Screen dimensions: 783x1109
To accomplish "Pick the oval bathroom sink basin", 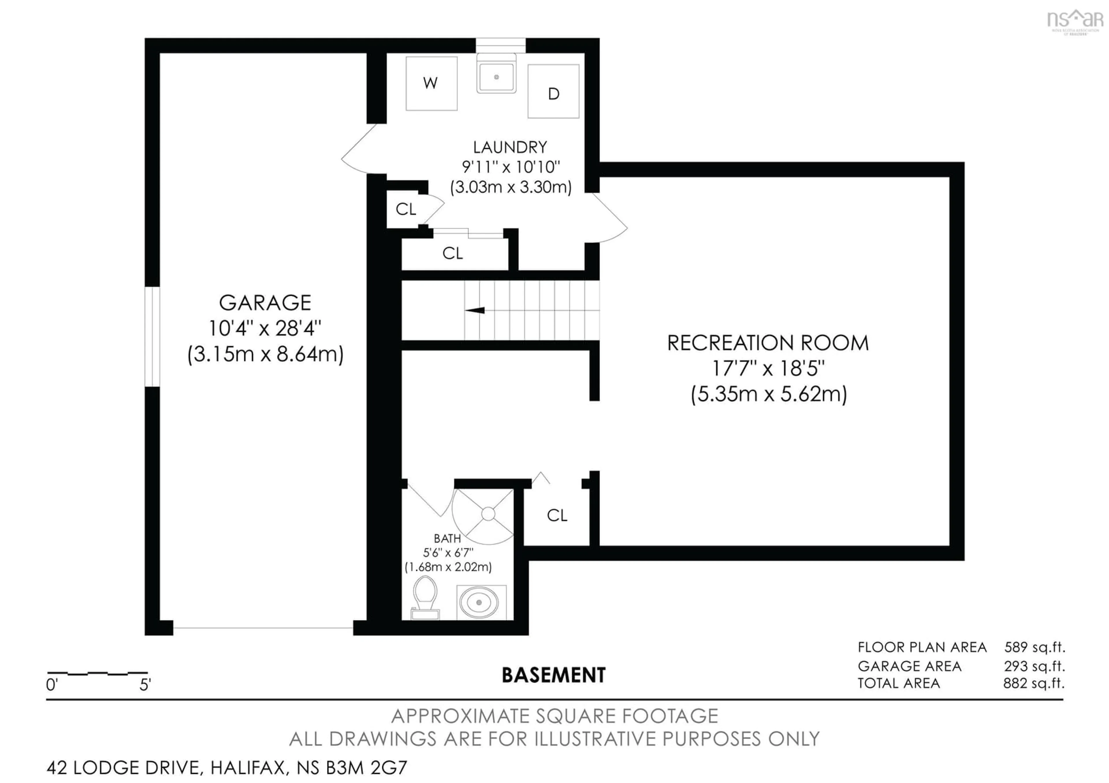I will point(479,603).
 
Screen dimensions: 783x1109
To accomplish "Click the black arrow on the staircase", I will point(475,310).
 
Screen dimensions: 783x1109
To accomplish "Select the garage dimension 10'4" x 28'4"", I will point(265,329).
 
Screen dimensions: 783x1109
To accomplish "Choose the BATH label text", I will point(447,538).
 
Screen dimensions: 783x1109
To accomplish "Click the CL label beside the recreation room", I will point(557,516).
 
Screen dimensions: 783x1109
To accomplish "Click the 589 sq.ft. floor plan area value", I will point(1034,647).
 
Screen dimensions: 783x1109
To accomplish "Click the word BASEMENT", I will point(554,675).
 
